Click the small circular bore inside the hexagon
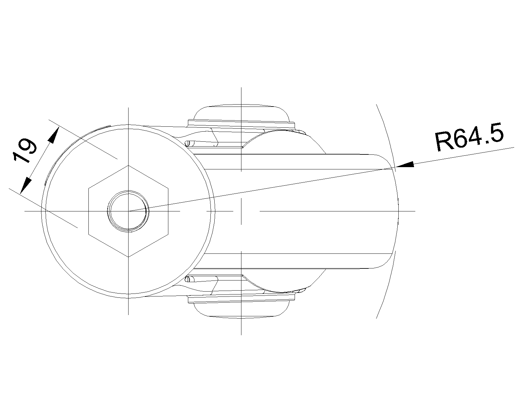tap(129, 211)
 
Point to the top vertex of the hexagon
tap(129, 165)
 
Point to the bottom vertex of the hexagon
tap(129, 257)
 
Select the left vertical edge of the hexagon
tap(89, 211)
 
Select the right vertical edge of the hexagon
tap(168, 211)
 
